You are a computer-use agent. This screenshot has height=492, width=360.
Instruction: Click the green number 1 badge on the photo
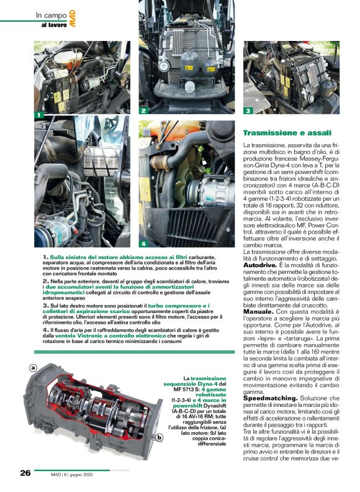click(38, 115)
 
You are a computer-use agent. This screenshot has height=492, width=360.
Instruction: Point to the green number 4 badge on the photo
click(143, 243)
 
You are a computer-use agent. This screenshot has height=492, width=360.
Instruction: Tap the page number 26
click(25, 473)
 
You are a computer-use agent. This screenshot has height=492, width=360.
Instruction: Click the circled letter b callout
click(160, 420)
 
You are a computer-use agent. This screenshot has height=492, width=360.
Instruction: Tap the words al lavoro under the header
click(53, 25)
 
